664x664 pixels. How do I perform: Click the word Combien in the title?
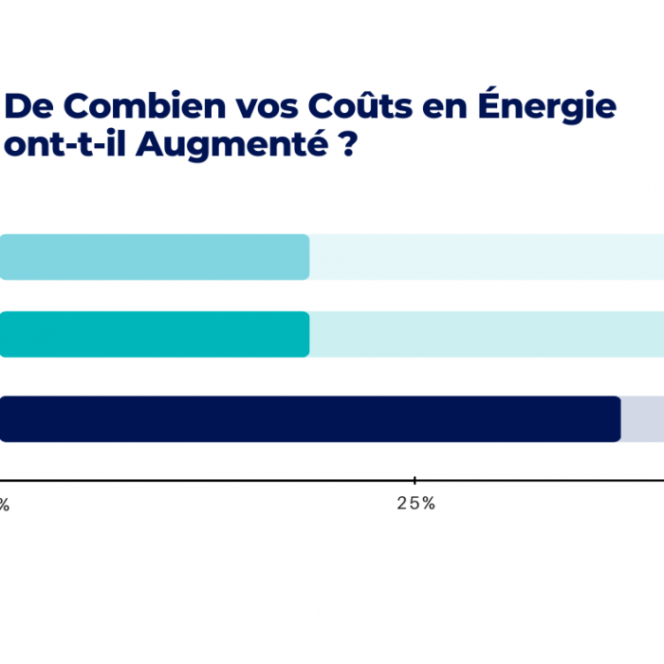[144, 105]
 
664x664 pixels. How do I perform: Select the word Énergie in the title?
[546, 105]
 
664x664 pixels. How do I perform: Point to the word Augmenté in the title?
[232, 144]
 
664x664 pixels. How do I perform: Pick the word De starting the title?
[28, 106]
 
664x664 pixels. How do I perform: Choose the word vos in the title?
[267, 109]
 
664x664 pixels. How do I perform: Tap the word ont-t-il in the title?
[65, 144]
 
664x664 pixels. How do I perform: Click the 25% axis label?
[415, 504]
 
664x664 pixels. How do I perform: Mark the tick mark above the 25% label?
[415, 480]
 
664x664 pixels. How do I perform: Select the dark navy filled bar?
[310, 419]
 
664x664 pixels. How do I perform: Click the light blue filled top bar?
[155, 257]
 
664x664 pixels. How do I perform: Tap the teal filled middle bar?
[155, 335]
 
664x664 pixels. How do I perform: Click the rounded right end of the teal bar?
[308, 335]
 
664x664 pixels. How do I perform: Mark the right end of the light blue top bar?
[308, 257]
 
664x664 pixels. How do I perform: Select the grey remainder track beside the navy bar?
[643, 419]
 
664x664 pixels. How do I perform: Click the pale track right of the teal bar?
[487, 335]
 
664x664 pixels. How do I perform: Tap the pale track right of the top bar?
[487, 257]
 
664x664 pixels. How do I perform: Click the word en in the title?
[445, 109]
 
